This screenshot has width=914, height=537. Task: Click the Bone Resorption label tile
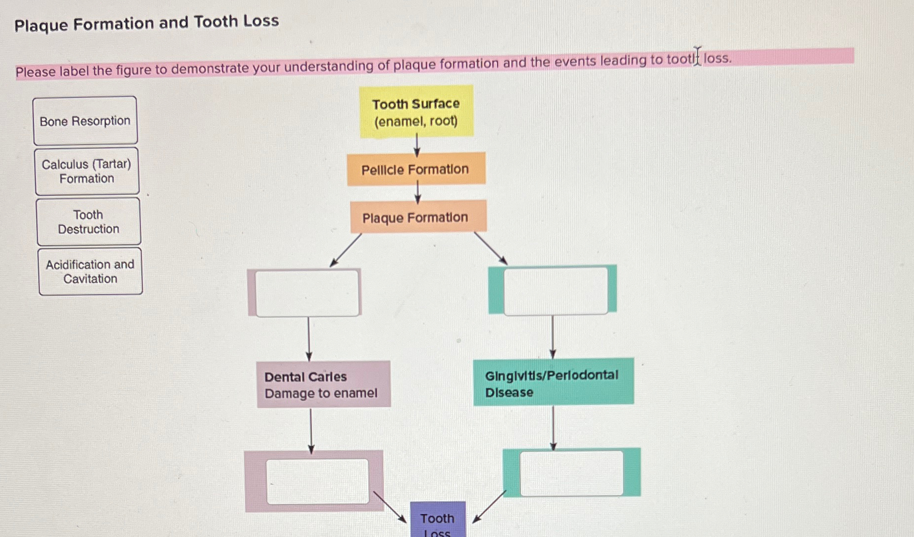pyautogui.click(x=85, y=121)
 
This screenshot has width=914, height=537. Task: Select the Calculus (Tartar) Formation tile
pyautogui.click(x=87, y=171)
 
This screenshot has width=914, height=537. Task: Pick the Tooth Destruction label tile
pyautogui.click(x=89, y=222)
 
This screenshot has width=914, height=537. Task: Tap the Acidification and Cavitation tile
pyautogui.click(x=90, y=271)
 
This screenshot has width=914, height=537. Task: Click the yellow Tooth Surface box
pyautogui.click(x=416, y=111)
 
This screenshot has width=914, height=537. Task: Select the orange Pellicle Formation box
pyautogui.click(x=415, y=169)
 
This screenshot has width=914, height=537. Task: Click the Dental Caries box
pyautogui.click(x=323, y=384)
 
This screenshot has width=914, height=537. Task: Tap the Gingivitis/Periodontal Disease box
pyautogui.click(x=553, y=382)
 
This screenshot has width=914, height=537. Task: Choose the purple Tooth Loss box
pyautogui.click(x=438, y=520)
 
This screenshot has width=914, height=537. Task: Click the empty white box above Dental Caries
pyautogui.click(x=307, y=293)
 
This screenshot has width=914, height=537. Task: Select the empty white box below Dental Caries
pyautogui.click(x=317, y=481)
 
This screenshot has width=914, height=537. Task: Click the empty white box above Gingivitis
pyautogui.click(x=556, y=290)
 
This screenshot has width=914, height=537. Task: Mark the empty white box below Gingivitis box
pyautogui.click(x=571, y=473)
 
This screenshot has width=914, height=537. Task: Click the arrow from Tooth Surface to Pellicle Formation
pyautogui.click(x=417, y=145)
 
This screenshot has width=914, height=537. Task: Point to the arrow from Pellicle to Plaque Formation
pyautogui.click(x=417, y=192)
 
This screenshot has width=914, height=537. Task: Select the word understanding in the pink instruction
pyautogui.click(x=328, y=66)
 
